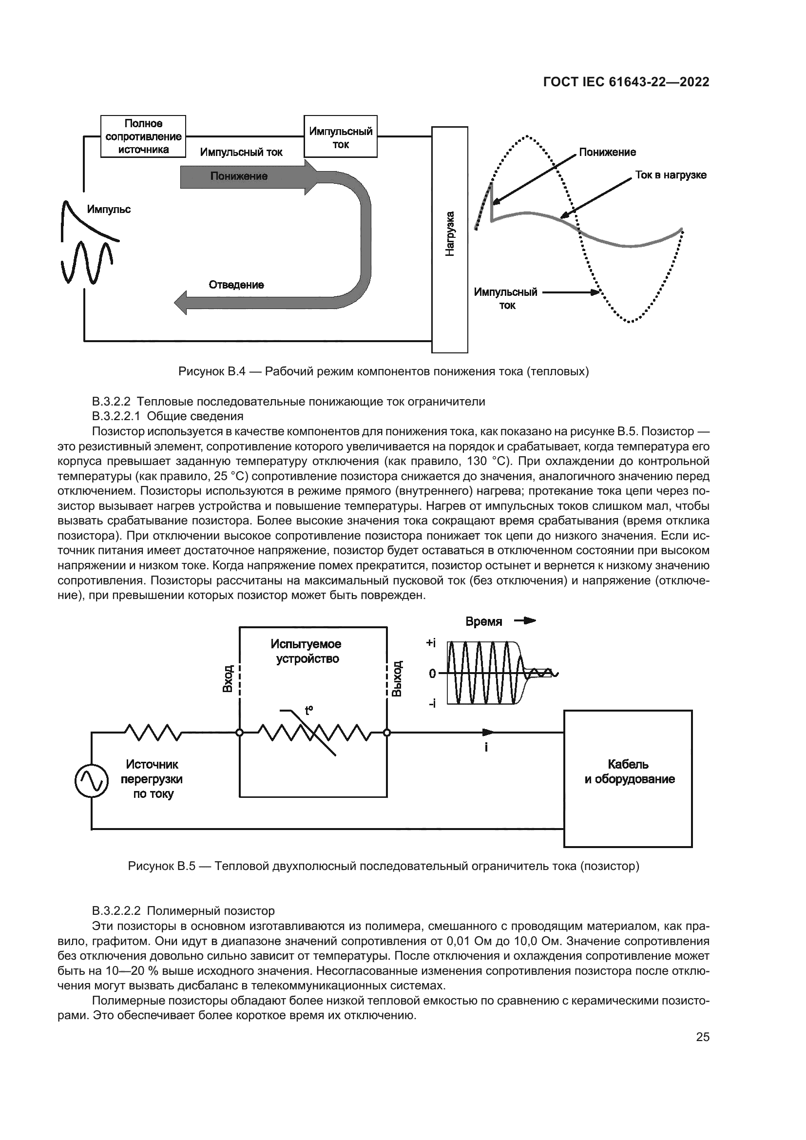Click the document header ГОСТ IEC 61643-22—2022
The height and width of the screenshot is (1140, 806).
point(626,82)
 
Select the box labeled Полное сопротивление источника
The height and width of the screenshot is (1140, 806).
point(143,136)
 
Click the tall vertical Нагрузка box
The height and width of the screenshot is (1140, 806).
point(450,239)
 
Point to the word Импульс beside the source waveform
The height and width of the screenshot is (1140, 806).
point(109,209)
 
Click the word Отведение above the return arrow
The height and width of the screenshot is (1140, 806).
point(236,285)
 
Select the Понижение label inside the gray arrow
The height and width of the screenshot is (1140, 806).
point(239,176)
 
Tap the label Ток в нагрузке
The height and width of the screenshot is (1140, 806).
point(671,175)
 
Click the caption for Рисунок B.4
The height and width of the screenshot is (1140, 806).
point(383,371)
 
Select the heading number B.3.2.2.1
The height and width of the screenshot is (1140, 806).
point(115,416)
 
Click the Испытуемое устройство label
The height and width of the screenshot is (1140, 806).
point(306,651)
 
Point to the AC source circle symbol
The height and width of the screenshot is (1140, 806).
point(91,781)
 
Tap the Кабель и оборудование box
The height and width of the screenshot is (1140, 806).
point(628,778)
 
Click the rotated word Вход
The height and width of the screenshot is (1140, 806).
point(228,679)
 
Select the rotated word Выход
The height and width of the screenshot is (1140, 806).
point(397,678)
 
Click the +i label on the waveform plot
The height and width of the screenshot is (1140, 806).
point(431,643)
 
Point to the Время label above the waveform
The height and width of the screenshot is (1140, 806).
point(484,621)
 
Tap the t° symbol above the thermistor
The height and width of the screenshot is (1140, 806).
point(308,710)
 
